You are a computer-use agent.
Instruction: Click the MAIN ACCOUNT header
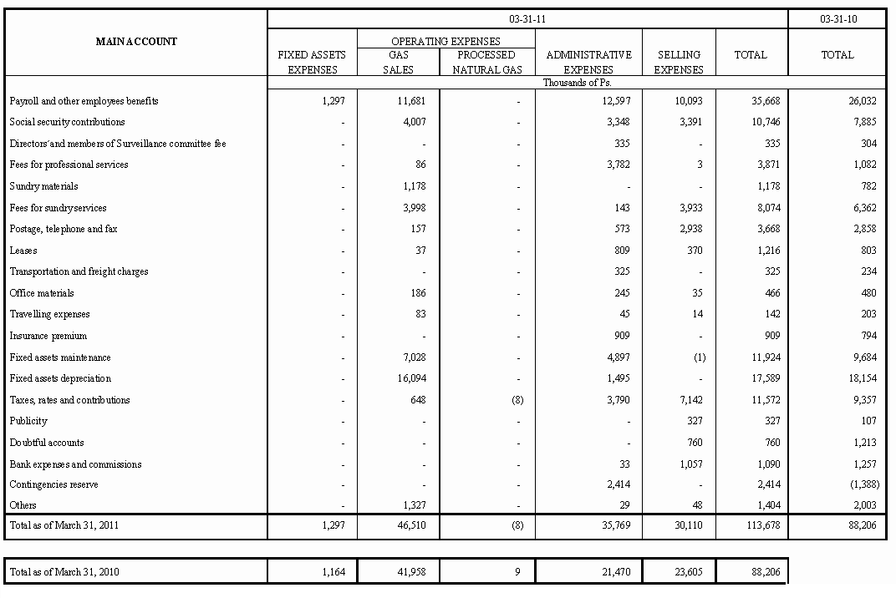pyautogui.click(x=136, y=42)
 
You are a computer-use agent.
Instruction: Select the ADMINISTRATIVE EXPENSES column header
pyautogui.click(x=588, y=62)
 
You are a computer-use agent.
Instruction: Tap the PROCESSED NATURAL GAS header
pyautogui.click(x=487, y=62)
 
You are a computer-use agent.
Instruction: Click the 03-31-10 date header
pyautogui.click(x=837, y=18)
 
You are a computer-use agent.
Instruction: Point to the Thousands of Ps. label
pyautogui.click(x=577, y=83)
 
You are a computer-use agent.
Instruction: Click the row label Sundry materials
pyautogui.click(x=44, y=186)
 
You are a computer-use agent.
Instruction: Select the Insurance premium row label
pyautogui.click(x=48, y=336)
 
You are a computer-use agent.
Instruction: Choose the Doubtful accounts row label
pyautogui.click(x=47, y=443)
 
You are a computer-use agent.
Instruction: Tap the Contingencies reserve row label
pyautogui.click(x=53, y=484)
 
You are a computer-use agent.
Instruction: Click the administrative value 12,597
pyautogui.click(x=615, y=101)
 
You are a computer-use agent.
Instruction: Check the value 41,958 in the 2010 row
pyautogui.click(x=410, y=572)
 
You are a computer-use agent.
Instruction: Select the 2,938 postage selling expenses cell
pyautogui.click(x=689, y=229)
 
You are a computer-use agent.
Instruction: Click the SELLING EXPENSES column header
pyautogui.click(x=678, y=62)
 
